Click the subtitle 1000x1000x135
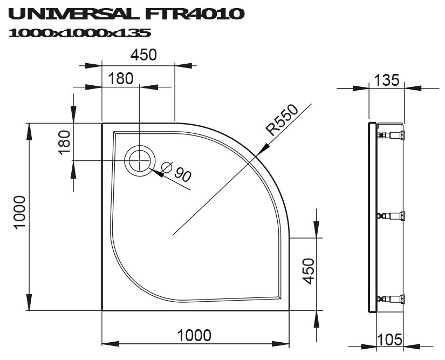coord(80,33)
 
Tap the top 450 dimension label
coord(143,55)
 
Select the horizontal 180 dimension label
coord(120,79)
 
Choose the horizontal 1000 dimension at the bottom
coord(194,336)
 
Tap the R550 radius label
coord(282,120)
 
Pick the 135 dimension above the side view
coord(386,80)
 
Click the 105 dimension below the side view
coord(389,339)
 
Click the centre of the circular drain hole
coord(140,160)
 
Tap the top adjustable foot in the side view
coord(392,135)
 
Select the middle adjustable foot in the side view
coord(392,216)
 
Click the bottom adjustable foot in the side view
coord(392,298)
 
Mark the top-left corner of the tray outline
coord(102,124)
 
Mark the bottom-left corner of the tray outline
coord(102,310)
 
